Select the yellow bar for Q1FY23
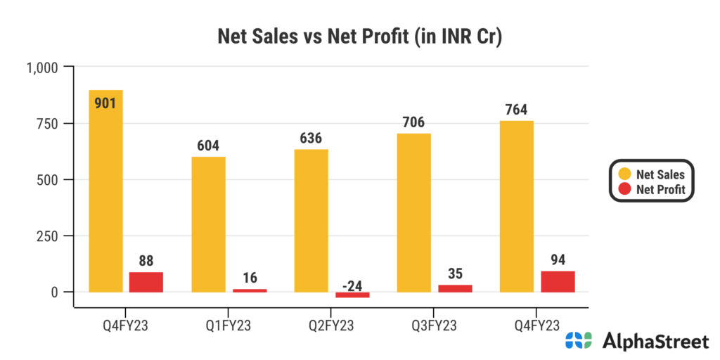(208, 224)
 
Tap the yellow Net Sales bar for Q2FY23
(311, 221)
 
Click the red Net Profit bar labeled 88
(146, 282)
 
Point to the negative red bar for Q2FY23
(352, 295)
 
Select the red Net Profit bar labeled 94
(558, 281)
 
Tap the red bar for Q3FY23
(455, 288)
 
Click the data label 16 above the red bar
(250, 277)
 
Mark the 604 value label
(208, 146)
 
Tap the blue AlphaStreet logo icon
(580, 341)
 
